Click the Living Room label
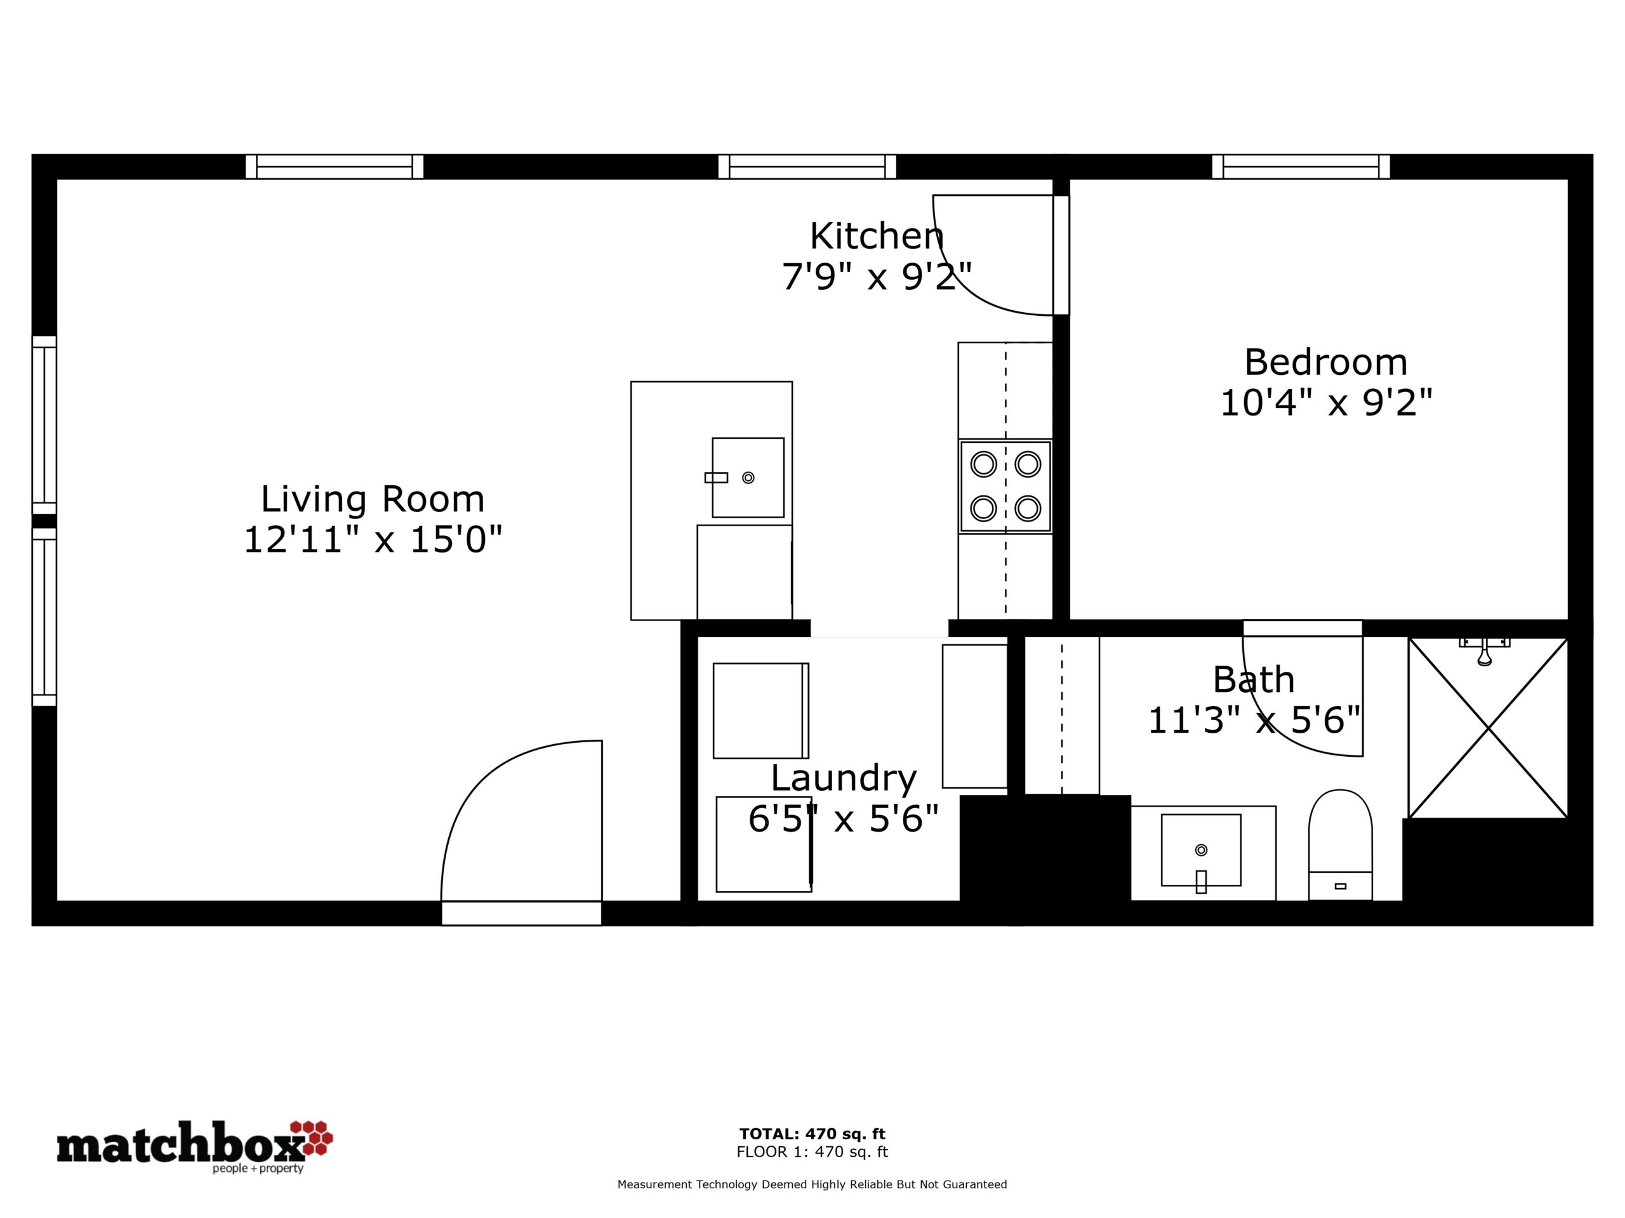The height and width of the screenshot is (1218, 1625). (x=373, y=499)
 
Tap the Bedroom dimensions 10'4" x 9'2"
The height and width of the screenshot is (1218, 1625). (x=1326, y=403)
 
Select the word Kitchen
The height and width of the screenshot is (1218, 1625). (x=877, y=237)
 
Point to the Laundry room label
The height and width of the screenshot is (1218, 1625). (x=844, y=778)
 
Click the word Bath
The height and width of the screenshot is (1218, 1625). (x=1253, y=680)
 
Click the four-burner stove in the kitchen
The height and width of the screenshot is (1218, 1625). (x=1005, y=487)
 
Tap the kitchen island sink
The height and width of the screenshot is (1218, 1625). (x=748, y=478)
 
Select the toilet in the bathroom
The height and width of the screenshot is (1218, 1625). (x=1340, y=844)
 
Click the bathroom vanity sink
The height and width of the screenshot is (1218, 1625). (x=1200, y=850)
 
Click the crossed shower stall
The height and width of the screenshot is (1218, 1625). (x=1488, y=728)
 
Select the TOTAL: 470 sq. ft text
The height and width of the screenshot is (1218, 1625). (x=812, y=1134)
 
